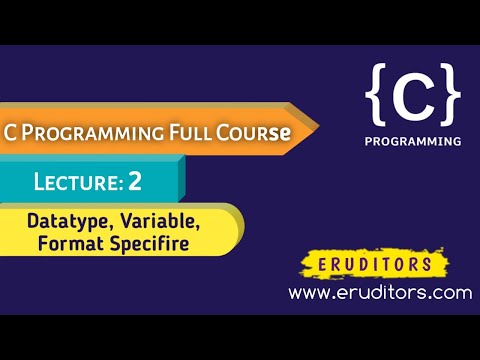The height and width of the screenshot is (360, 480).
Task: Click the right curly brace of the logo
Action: tap(451, 96)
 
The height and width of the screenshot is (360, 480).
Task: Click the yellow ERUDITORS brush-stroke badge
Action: tap(379, 265)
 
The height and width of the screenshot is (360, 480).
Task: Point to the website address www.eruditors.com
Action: tap(379, 293)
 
